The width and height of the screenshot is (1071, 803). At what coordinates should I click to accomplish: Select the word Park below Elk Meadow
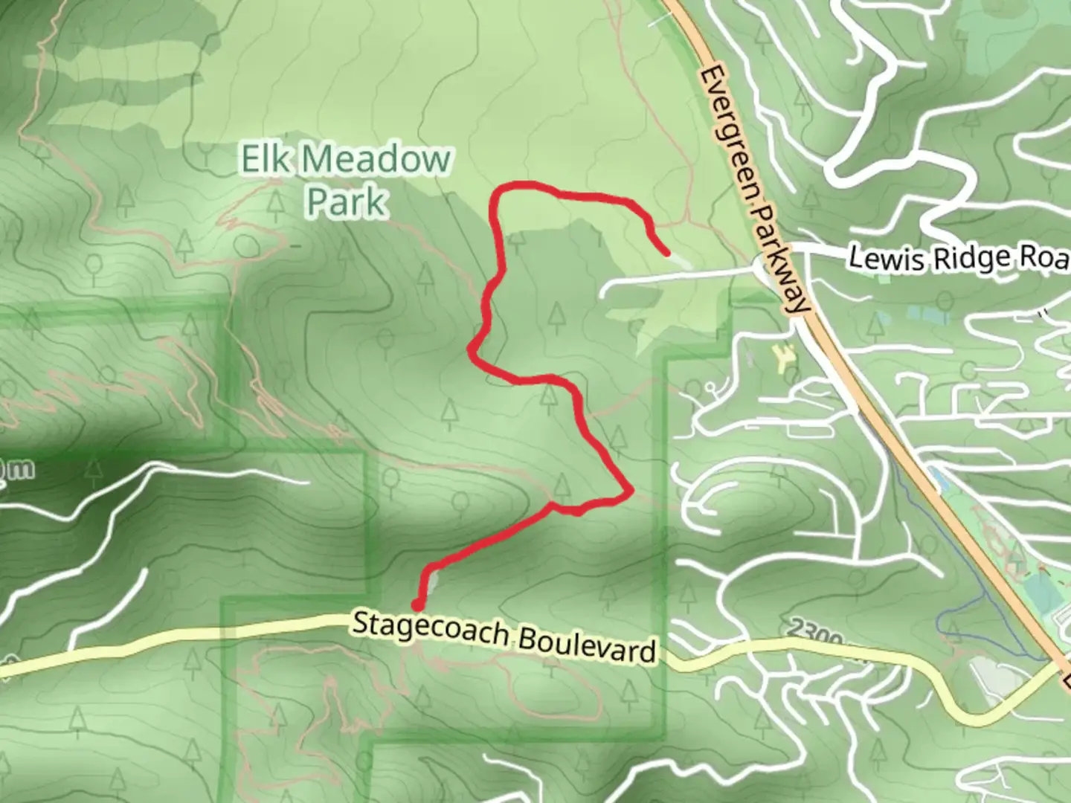[347, 201]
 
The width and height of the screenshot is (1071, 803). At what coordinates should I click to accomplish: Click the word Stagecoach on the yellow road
[431, 631]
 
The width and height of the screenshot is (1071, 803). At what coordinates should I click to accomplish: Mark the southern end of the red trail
[419, 604]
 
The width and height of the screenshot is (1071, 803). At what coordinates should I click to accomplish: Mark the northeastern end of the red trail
[666, 253]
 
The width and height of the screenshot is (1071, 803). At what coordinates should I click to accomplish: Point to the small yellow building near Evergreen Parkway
[782, 360]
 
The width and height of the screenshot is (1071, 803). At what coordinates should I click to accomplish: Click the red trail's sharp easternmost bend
[631, 491]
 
